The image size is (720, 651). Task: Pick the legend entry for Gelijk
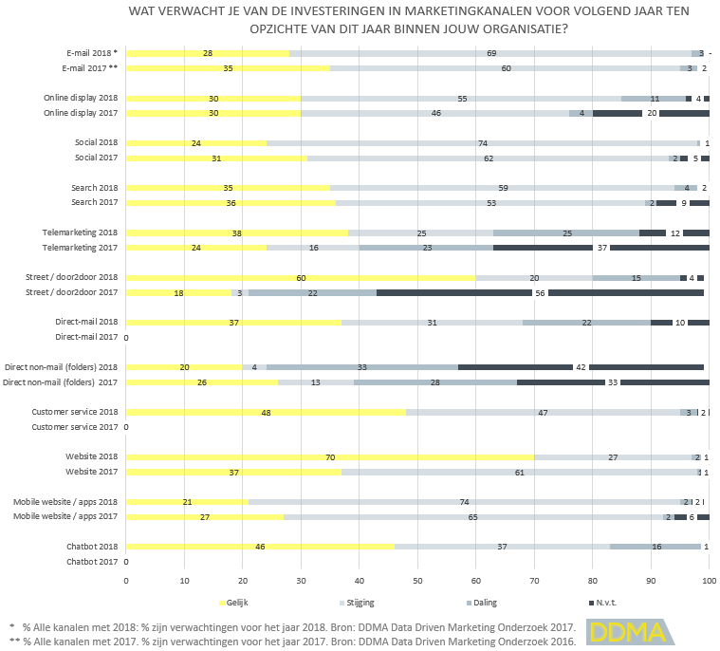(x=236, y=603)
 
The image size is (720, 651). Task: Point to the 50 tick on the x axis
(x=417, y=581)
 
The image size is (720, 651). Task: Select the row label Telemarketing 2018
(x=81, y=232)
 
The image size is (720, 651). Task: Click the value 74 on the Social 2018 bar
(x=483, y=143)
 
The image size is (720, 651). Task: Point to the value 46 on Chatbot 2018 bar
(x=259, y=548)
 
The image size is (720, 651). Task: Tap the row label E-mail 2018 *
(x=92, y=53)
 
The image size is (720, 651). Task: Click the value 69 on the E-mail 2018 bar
(x=491, y=53)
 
